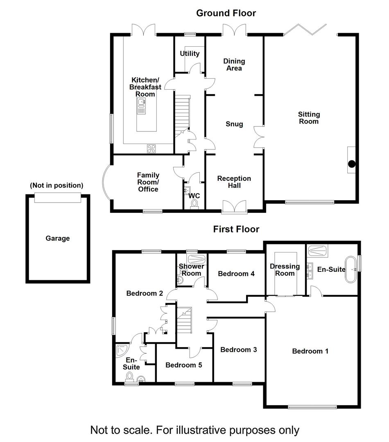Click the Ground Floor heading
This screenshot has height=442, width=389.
tap(226, 13)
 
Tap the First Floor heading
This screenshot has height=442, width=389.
tap(236, 229)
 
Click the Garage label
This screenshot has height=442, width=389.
tap(58, 239)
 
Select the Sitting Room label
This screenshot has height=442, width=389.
tap(309, 118)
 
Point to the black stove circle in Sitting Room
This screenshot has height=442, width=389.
tap(351, 164)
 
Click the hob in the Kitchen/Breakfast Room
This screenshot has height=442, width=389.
tap(151, 149)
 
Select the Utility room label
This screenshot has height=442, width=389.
tap(190, 54)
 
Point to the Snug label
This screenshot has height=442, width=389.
tap(234, 124)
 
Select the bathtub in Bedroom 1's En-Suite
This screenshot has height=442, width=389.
tap(351, 269)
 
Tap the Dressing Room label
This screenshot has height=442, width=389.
tap(285, 270)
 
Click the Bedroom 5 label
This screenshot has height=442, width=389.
tap(183, 365)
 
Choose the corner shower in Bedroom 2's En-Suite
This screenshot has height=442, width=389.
tap(122, 350)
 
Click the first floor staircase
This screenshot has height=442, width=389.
tap(184, 320)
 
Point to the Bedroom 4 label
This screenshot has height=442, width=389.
tap(236, 274)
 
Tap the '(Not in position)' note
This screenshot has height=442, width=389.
tap(57, 185)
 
